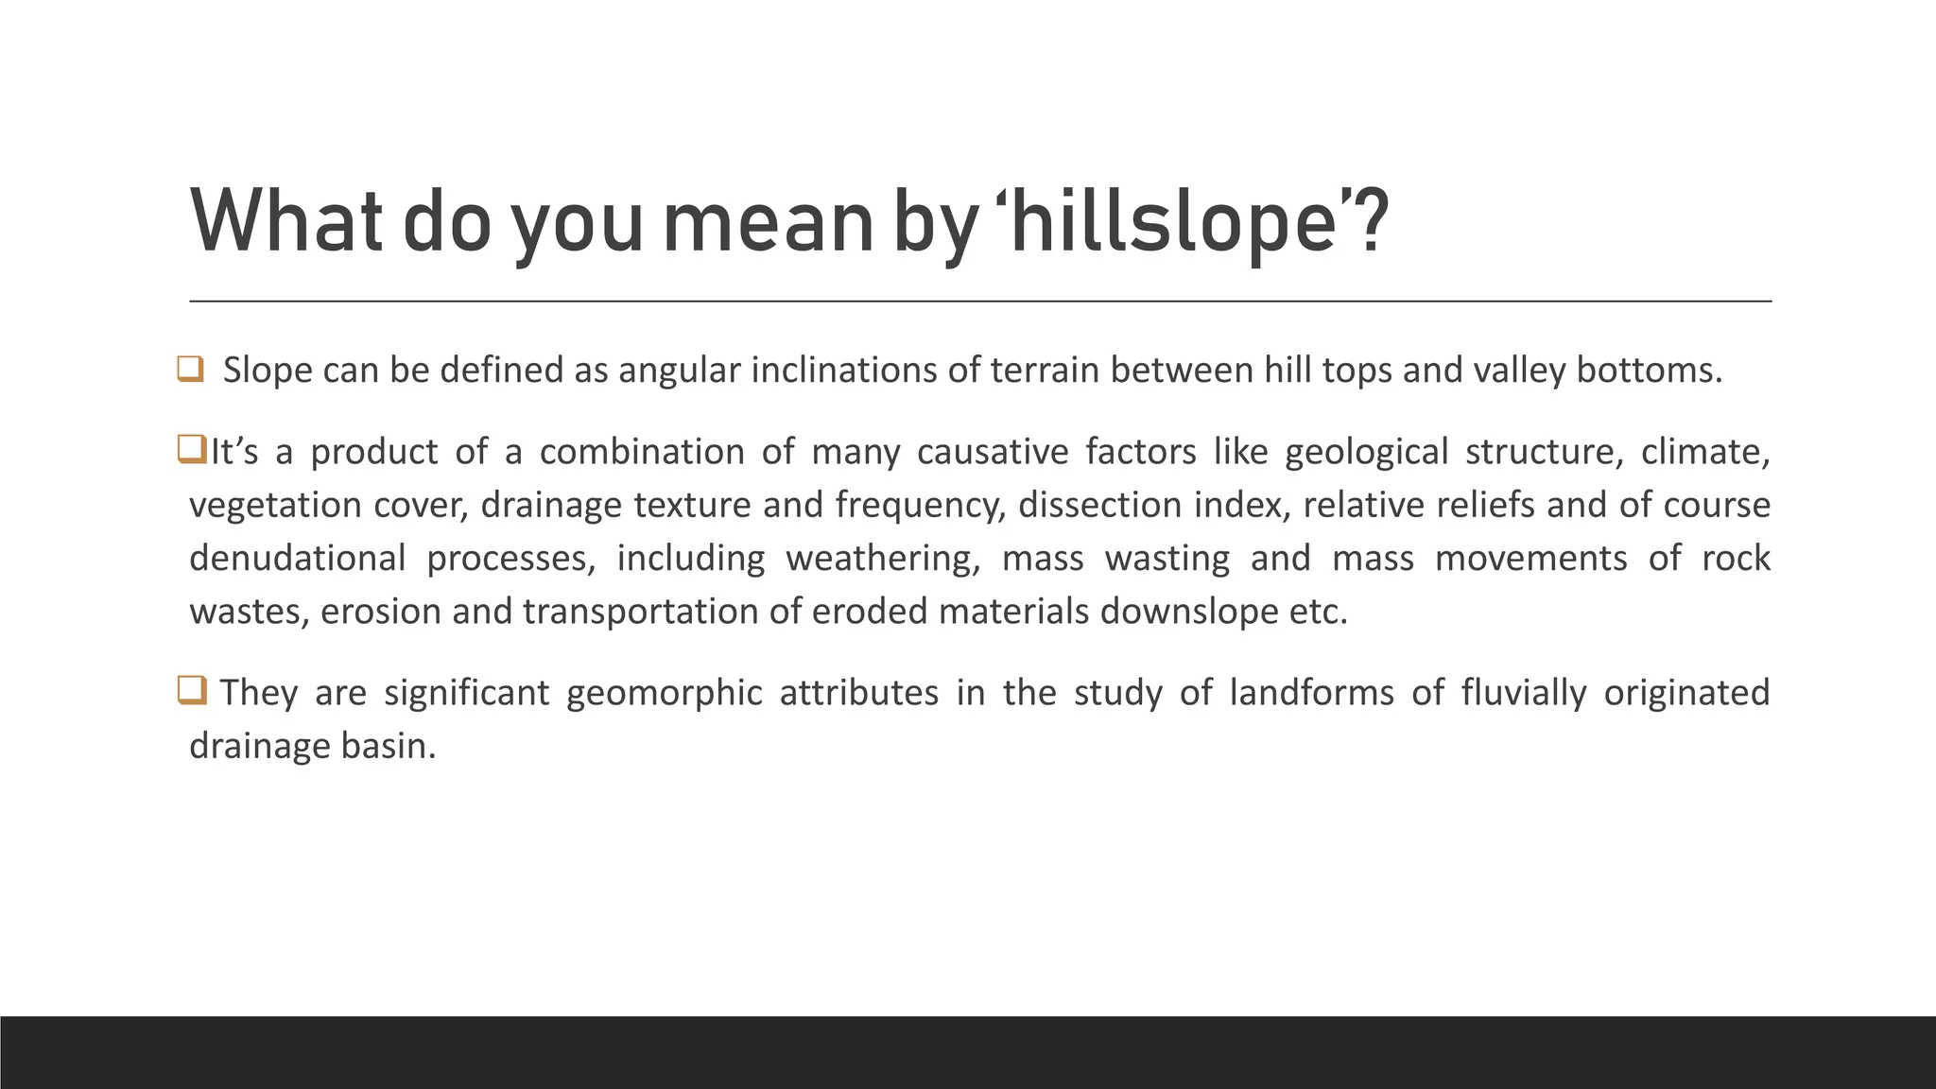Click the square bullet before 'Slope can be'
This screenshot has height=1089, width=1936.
[190, 369]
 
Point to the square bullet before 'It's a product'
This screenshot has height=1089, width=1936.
[191, 450]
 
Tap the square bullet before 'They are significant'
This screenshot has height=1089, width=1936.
[191, 692]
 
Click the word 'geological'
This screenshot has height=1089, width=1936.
[1366, 452]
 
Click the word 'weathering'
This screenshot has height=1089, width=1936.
[882, 559]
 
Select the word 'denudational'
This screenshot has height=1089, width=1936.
[297, 558]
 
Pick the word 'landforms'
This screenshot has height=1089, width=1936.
[1311, 693]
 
